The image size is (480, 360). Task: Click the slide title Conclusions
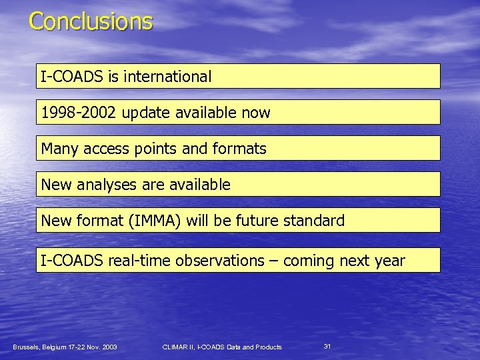[x=91, y=21]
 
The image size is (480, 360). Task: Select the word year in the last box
[x=389, y=261]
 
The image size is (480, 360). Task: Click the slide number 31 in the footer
[x=327, y=346]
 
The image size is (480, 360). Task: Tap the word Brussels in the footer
[x=27, y=347]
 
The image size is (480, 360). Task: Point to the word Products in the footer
[x=268, y=347]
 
